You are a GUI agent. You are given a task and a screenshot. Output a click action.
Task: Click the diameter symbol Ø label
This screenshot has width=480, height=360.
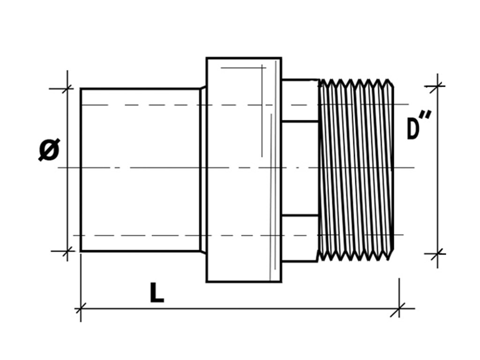tap(49, 150)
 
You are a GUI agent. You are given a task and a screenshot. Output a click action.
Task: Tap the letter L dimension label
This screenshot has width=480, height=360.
tap(157, 292)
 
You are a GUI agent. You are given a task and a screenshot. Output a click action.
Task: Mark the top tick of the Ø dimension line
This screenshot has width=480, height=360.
tap(67, 89)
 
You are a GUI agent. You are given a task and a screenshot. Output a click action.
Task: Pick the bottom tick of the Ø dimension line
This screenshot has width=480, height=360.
tap(67, 251)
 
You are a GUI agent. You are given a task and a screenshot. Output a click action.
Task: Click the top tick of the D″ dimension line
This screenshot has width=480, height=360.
tap(437, 86)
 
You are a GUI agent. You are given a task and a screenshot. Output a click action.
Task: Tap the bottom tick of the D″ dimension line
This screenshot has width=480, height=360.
tap(437, 254)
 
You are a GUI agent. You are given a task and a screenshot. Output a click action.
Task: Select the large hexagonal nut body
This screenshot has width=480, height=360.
tap(244, 170)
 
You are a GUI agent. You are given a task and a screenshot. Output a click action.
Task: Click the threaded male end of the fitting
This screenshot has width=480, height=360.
tap(356, 170)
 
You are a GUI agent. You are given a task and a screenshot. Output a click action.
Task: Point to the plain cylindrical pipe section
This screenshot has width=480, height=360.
tap(140, 170)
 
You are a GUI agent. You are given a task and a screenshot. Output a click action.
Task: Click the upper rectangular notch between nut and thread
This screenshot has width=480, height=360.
tap(300, 101)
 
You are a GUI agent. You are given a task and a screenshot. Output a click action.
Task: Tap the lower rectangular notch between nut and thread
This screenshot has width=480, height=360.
tap(300, 239)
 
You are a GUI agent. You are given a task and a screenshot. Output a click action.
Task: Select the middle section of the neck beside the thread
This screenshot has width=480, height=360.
tap(300, 169)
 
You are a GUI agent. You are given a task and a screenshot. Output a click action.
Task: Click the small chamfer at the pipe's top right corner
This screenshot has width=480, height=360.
tap(203, 88)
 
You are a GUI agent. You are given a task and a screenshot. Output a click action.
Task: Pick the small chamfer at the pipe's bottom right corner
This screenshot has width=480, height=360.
tap(203, 251)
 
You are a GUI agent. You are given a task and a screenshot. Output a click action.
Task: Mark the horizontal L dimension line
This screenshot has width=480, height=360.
tap(240, 308)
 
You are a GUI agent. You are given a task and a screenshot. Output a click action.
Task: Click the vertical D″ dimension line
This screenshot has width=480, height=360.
tap(437, 170)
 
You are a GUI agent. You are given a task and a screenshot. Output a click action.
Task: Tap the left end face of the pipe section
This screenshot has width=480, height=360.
tap(81, 170)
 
